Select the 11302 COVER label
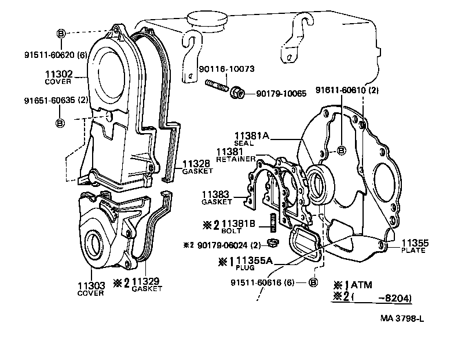(x=58, y=78)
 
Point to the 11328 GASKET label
(x=197, y=167)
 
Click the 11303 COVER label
(x=90, y=289)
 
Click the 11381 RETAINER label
(x=235, y=155)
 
